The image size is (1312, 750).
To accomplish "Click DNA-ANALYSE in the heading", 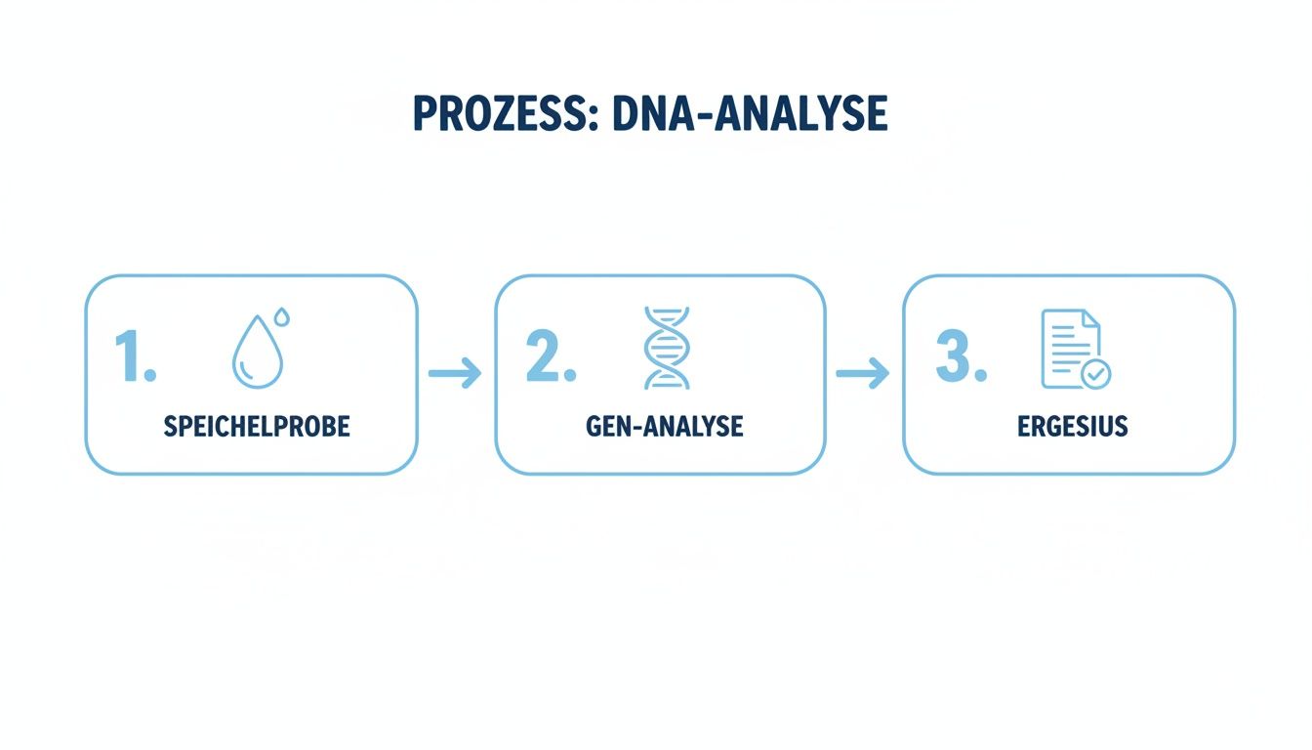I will click(750, 115).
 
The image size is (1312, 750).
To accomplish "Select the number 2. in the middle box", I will click(551, 356).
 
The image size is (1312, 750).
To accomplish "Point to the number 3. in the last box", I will click(961, 356).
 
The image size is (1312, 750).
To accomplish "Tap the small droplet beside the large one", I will click(282, 316).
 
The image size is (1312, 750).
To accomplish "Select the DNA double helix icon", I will click(667, 348).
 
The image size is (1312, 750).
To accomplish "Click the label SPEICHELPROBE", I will click(257, 427).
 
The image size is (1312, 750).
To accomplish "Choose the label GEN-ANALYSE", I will click(665, 427).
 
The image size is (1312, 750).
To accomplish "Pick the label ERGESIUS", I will click(1073, 427).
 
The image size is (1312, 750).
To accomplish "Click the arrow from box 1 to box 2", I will click(455, 372).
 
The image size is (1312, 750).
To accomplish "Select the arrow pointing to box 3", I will click(863, 372).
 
